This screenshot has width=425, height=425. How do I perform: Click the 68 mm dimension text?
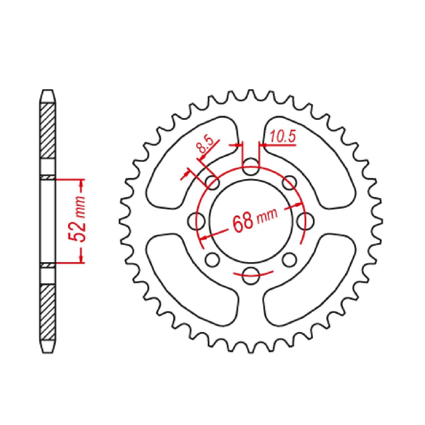coord(255,219)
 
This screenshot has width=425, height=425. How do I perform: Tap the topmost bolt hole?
coord(251,167)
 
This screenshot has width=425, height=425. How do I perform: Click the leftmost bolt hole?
coord(197,221)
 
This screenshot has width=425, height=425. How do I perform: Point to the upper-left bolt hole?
coord(213,182)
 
